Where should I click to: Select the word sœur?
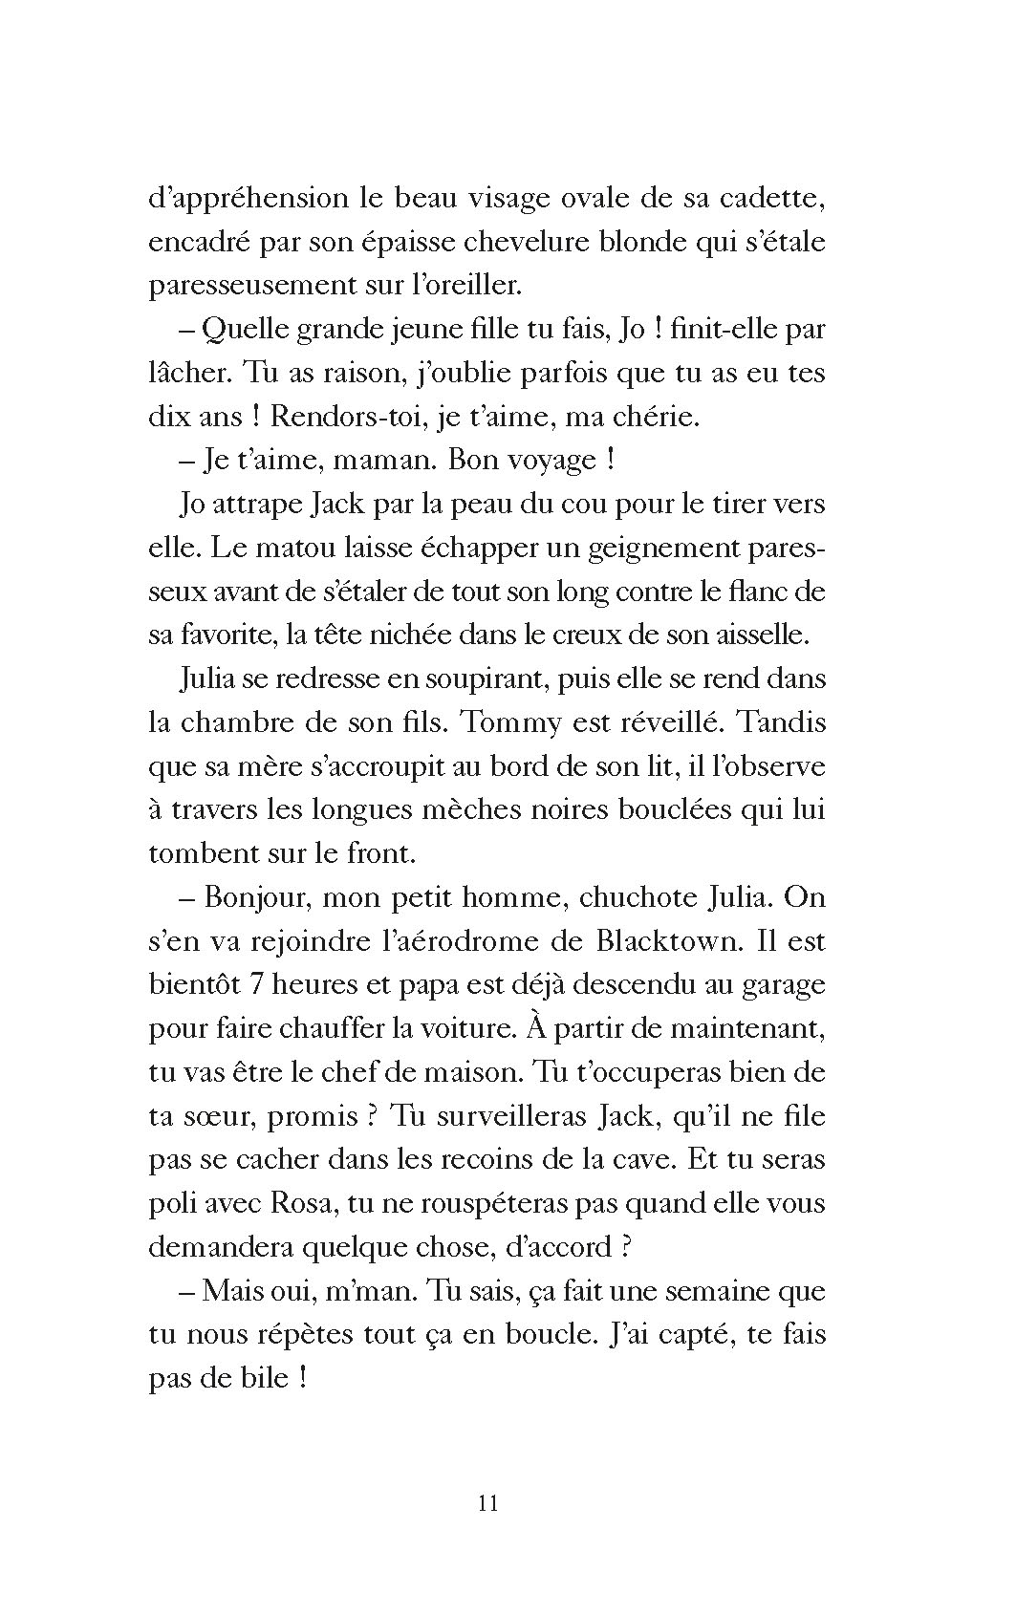pyautogui.click(x=225, y=1116)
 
